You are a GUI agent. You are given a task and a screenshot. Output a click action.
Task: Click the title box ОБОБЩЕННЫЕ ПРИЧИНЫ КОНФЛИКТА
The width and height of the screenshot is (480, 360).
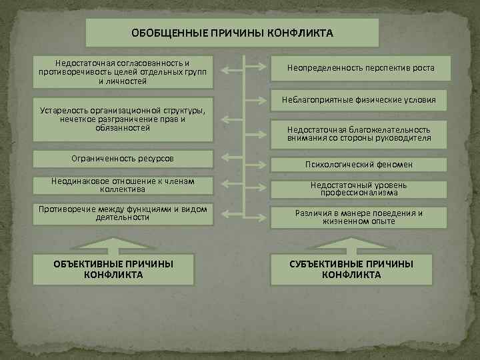[x=232, y=33]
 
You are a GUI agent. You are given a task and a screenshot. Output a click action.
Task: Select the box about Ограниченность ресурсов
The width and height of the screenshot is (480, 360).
[x=123, y=159]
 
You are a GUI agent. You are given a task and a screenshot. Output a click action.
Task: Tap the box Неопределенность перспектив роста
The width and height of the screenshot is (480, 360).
[x=361, y=68]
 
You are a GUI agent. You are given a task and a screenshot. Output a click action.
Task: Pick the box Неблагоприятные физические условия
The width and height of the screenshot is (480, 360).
[x=361, y=100]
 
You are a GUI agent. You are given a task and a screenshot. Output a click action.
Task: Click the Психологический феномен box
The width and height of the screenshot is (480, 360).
[x=361, y=164]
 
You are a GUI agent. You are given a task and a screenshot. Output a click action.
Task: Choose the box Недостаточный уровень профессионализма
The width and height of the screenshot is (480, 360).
[x=361, y=189]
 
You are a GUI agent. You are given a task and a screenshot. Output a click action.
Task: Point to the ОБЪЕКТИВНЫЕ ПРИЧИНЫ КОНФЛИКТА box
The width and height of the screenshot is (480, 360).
[x=114, y=269]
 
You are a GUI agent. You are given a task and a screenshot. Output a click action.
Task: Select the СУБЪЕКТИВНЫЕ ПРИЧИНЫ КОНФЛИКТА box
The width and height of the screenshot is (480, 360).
[x=351, y=269]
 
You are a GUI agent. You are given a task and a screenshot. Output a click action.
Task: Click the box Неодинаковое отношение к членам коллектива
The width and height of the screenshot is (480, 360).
[x=123, y=185]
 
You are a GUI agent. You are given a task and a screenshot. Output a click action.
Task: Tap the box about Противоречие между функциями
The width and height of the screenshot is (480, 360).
[x=123, y=213]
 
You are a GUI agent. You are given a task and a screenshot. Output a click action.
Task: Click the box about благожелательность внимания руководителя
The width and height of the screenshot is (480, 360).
[x=361, y=134]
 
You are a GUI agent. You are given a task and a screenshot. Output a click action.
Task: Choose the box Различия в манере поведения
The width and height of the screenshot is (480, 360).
[x=361, y=217]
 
